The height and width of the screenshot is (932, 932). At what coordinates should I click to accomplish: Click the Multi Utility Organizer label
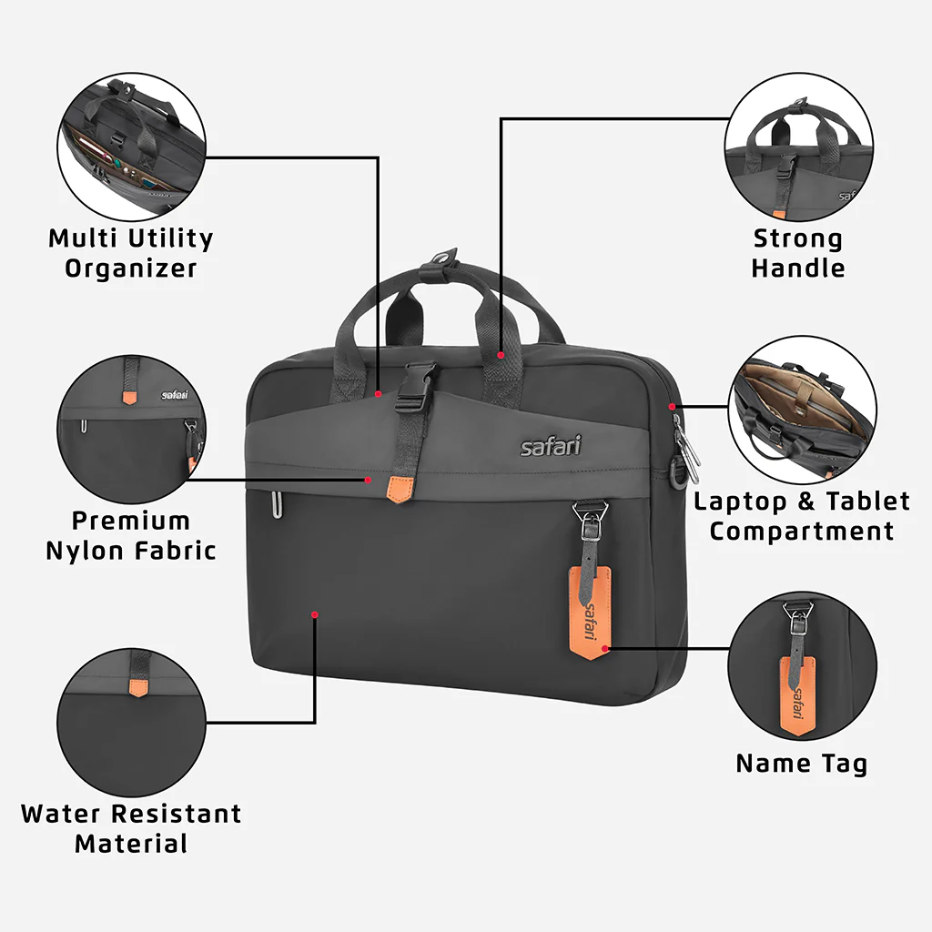130,253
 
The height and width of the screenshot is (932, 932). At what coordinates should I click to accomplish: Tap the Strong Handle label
797,253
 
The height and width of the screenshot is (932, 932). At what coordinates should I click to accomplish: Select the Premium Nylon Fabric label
130,535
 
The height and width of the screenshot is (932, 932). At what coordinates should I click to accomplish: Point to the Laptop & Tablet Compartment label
801,515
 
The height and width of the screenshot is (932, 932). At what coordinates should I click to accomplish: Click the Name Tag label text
801,763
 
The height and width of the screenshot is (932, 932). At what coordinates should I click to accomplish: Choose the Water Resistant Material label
130,827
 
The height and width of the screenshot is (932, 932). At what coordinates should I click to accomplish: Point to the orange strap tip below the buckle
398,488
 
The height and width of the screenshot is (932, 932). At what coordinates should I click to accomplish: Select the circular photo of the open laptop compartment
802,410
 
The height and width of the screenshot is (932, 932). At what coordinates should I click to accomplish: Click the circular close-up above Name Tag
802,668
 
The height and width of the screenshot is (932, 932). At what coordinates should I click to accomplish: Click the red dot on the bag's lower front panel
315,615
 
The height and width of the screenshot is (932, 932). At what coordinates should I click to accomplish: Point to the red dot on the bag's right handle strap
501,354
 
